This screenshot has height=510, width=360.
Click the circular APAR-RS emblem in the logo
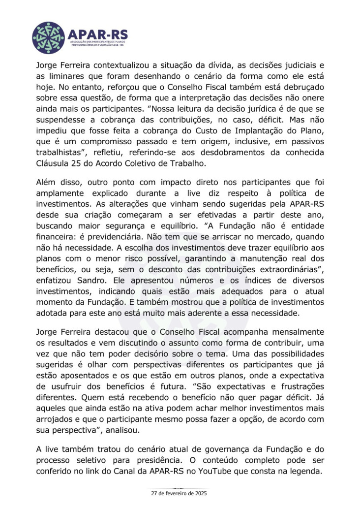click(x=48, y=37)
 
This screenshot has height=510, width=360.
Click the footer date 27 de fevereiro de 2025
click(x=180, y=492)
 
